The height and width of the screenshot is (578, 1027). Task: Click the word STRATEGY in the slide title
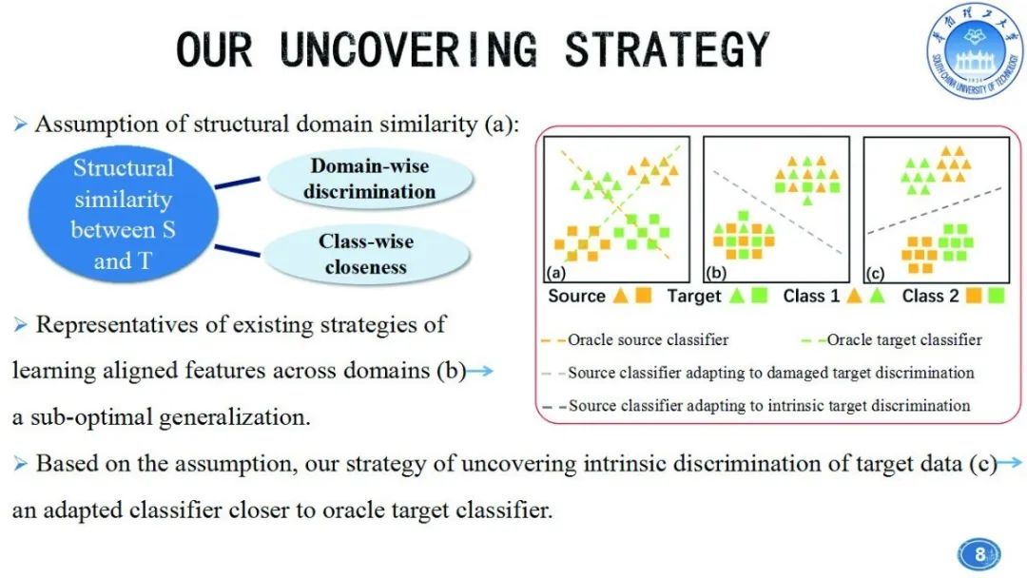667,49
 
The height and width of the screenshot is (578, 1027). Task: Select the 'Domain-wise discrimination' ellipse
369,179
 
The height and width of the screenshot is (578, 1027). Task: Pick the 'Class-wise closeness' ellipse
366,254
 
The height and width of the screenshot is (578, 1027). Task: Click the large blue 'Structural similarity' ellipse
124,214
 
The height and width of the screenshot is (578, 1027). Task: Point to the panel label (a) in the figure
557,274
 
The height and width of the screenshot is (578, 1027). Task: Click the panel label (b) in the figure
717,274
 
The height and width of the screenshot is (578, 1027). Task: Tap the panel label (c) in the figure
876,274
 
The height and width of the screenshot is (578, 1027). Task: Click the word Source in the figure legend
576,296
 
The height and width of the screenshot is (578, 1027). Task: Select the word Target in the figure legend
694,296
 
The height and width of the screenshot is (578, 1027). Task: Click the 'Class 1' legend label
811,296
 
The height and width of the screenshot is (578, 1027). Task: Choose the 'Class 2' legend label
930,296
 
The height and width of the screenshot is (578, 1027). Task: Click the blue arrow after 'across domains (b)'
481,371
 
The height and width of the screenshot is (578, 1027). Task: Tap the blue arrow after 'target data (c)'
1010,464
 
